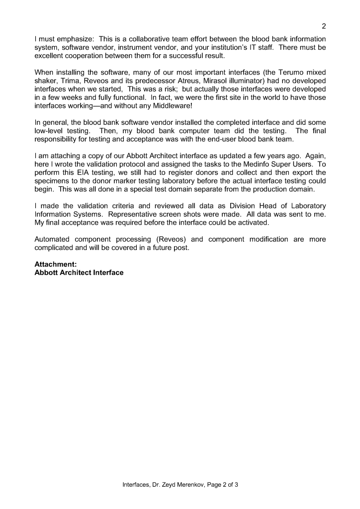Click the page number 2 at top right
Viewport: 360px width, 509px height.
click(324, 26)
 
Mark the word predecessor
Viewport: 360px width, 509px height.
click(160, 81)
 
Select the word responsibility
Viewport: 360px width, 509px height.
click(60, 140)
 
